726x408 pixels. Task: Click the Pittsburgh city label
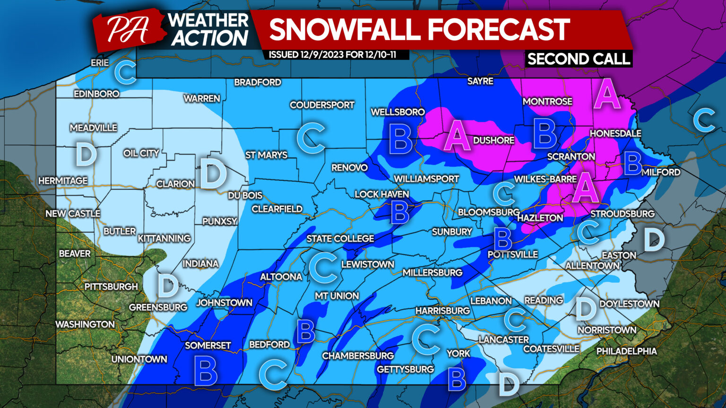click(x=111, y=287)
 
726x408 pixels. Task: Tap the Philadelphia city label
click(x=626, y=351)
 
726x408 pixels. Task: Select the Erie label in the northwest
click(x=100, y=63)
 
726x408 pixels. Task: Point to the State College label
click(x=340, y=239)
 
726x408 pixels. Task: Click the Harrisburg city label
click(x=442, y=311)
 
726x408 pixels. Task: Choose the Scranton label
click(x=571, y=156)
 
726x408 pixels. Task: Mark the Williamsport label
click(x=426, y=179)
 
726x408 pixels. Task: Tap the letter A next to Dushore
click(x=456, y=136)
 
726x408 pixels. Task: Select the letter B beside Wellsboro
click(x=400, y=139)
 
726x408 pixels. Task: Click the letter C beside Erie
click(x=126, y=72)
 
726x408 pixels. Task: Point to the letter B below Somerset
click(x=206, y=371)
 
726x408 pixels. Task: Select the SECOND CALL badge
click(x=579, y=59)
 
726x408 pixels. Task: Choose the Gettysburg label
click(x=405, y=369)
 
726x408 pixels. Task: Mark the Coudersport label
click(x=322, y=105)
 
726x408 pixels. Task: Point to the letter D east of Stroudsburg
click(x=654, y=239)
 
